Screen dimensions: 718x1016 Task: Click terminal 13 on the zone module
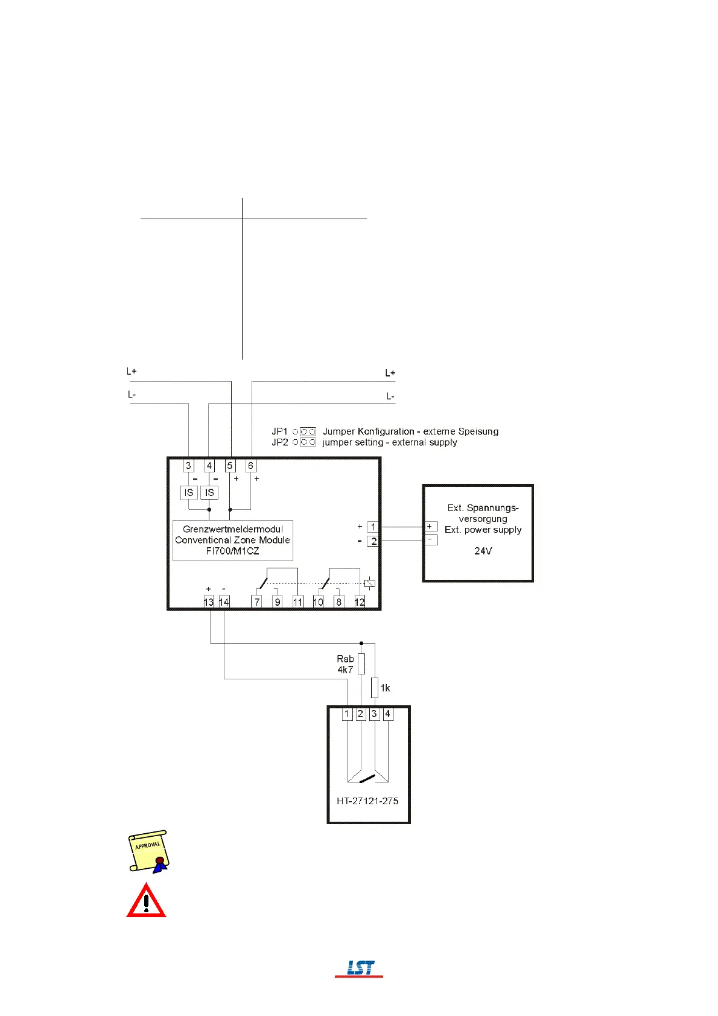click(209, 602)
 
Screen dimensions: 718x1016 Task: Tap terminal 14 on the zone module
click(224, 602)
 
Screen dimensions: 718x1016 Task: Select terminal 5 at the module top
click(230, 466)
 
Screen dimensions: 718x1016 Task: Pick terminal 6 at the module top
click(250, 466)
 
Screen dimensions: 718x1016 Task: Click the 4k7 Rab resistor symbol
click(361, 664)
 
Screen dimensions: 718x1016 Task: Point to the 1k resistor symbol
click(374, 687)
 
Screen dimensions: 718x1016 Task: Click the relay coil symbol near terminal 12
click(370, 583)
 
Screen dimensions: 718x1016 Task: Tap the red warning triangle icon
click(146, 901)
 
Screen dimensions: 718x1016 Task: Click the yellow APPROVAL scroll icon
click(148, 851)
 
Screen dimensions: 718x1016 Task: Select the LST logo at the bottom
click(360, 968)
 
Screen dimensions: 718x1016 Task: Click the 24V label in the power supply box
click(483, 551)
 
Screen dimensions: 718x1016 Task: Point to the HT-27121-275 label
click(367, 801)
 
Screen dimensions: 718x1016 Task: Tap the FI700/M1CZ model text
click(233, 551)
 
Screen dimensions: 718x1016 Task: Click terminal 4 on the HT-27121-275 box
click(388, 714)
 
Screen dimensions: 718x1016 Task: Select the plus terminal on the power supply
click(430, 527)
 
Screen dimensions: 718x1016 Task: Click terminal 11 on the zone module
click(297, 602)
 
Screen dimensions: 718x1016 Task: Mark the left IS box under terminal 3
click(189, 493)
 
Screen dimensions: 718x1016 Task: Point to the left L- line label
click(132, 395)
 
